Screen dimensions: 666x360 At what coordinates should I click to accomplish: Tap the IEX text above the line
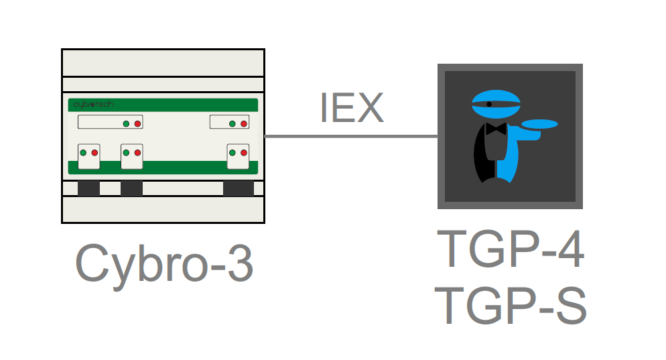click(x=352, y=108)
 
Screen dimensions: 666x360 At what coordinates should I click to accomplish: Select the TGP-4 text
click(x=511, y=248)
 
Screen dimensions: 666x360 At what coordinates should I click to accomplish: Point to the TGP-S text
click(x=511, y=305)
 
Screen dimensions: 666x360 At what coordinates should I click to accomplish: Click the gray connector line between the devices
click(x=351, y=137)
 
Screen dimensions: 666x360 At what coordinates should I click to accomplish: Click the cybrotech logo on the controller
click(x=93, y=104)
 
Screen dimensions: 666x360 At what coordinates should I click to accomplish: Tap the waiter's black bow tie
click(x=496, y=129)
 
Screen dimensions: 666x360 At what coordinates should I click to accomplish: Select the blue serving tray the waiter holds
click(x=539, y=124)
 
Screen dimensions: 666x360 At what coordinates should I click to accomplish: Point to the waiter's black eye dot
click(x=489, y=104)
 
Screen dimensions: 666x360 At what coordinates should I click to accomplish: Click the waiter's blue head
click(x=496, y=104)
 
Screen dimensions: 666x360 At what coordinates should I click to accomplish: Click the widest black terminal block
click(x=239, y=188)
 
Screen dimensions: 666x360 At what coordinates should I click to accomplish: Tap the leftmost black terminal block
click(x=88, y=188)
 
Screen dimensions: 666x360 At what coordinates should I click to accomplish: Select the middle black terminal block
click(x=132, y=188)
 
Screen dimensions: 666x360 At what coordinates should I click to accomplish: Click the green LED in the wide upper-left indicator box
click(x=126, y=123)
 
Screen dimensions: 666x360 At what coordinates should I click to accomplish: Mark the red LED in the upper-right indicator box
click(x=244, y=123)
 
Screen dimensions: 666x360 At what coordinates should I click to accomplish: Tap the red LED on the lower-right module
click(x=244, y=153)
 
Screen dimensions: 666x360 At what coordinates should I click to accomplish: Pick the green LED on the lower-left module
click(x=83, y=153)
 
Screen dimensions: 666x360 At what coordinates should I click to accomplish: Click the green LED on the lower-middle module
click(x=126, y=153)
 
